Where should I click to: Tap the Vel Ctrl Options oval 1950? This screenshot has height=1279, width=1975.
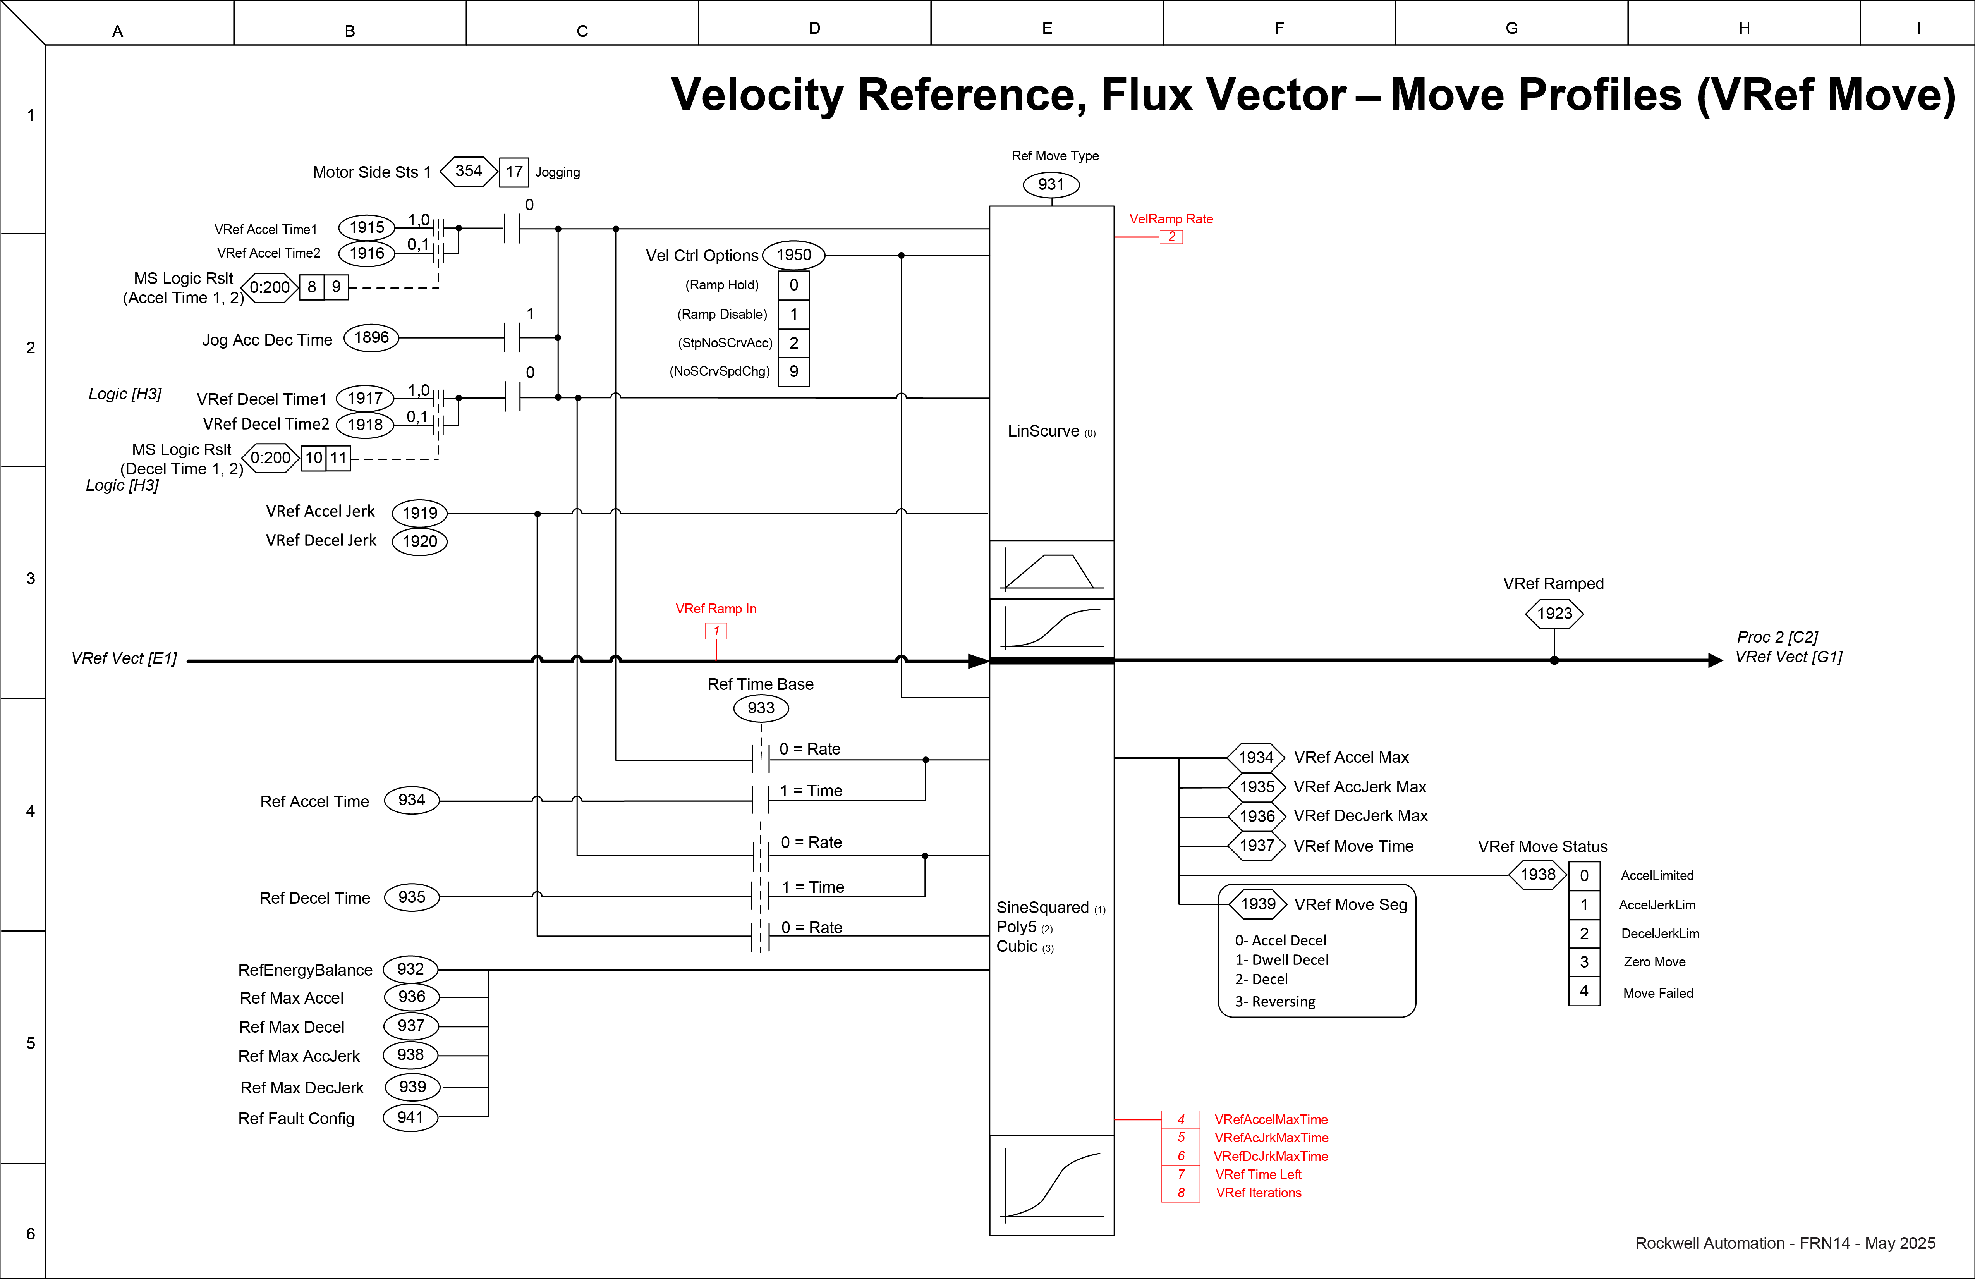tap(793, 255)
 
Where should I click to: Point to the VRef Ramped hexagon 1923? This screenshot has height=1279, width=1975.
tap(1554, 614)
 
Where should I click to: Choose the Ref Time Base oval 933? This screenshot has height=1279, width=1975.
tap(761, 708)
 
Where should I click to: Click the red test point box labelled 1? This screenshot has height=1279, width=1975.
tap(716, 631)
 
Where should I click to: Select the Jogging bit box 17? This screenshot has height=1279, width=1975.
tap(513, 172)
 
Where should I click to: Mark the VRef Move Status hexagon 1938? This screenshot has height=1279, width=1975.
tap(1538, 875)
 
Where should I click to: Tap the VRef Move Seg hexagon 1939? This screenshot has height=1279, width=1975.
tap(1258, 904)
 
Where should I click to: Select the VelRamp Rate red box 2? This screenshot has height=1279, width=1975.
tap(1171, 237)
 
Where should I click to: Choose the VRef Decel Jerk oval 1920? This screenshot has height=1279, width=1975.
tap(420, 541)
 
